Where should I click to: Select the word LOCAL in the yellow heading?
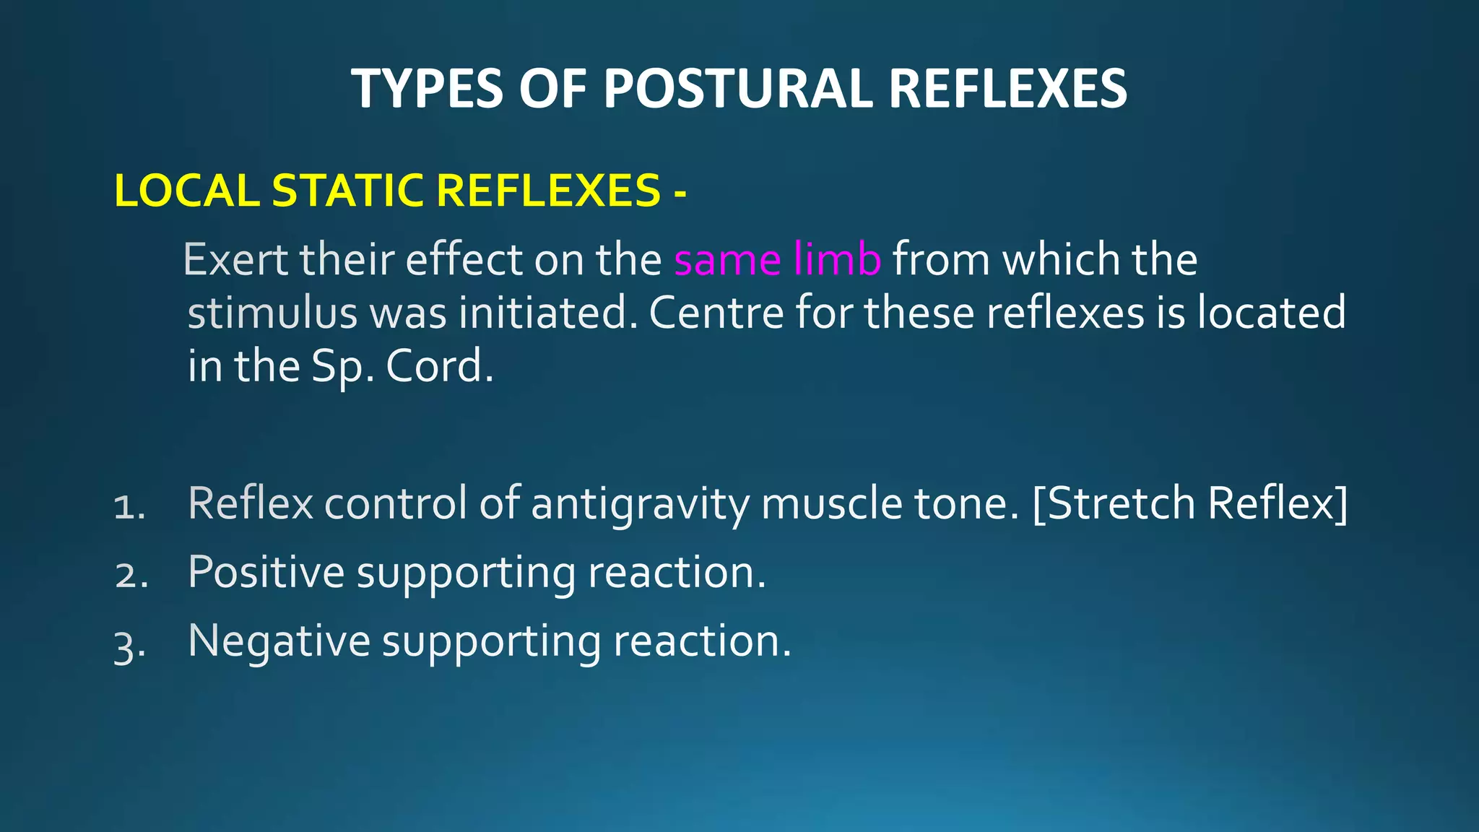coord(186,191)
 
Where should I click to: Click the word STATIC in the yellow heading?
coord(347,191)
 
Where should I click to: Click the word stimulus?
coord(272,313)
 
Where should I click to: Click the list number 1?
coord(129,507)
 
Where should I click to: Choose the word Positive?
coord(266,572)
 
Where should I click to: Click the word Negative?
coord(278,641)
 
